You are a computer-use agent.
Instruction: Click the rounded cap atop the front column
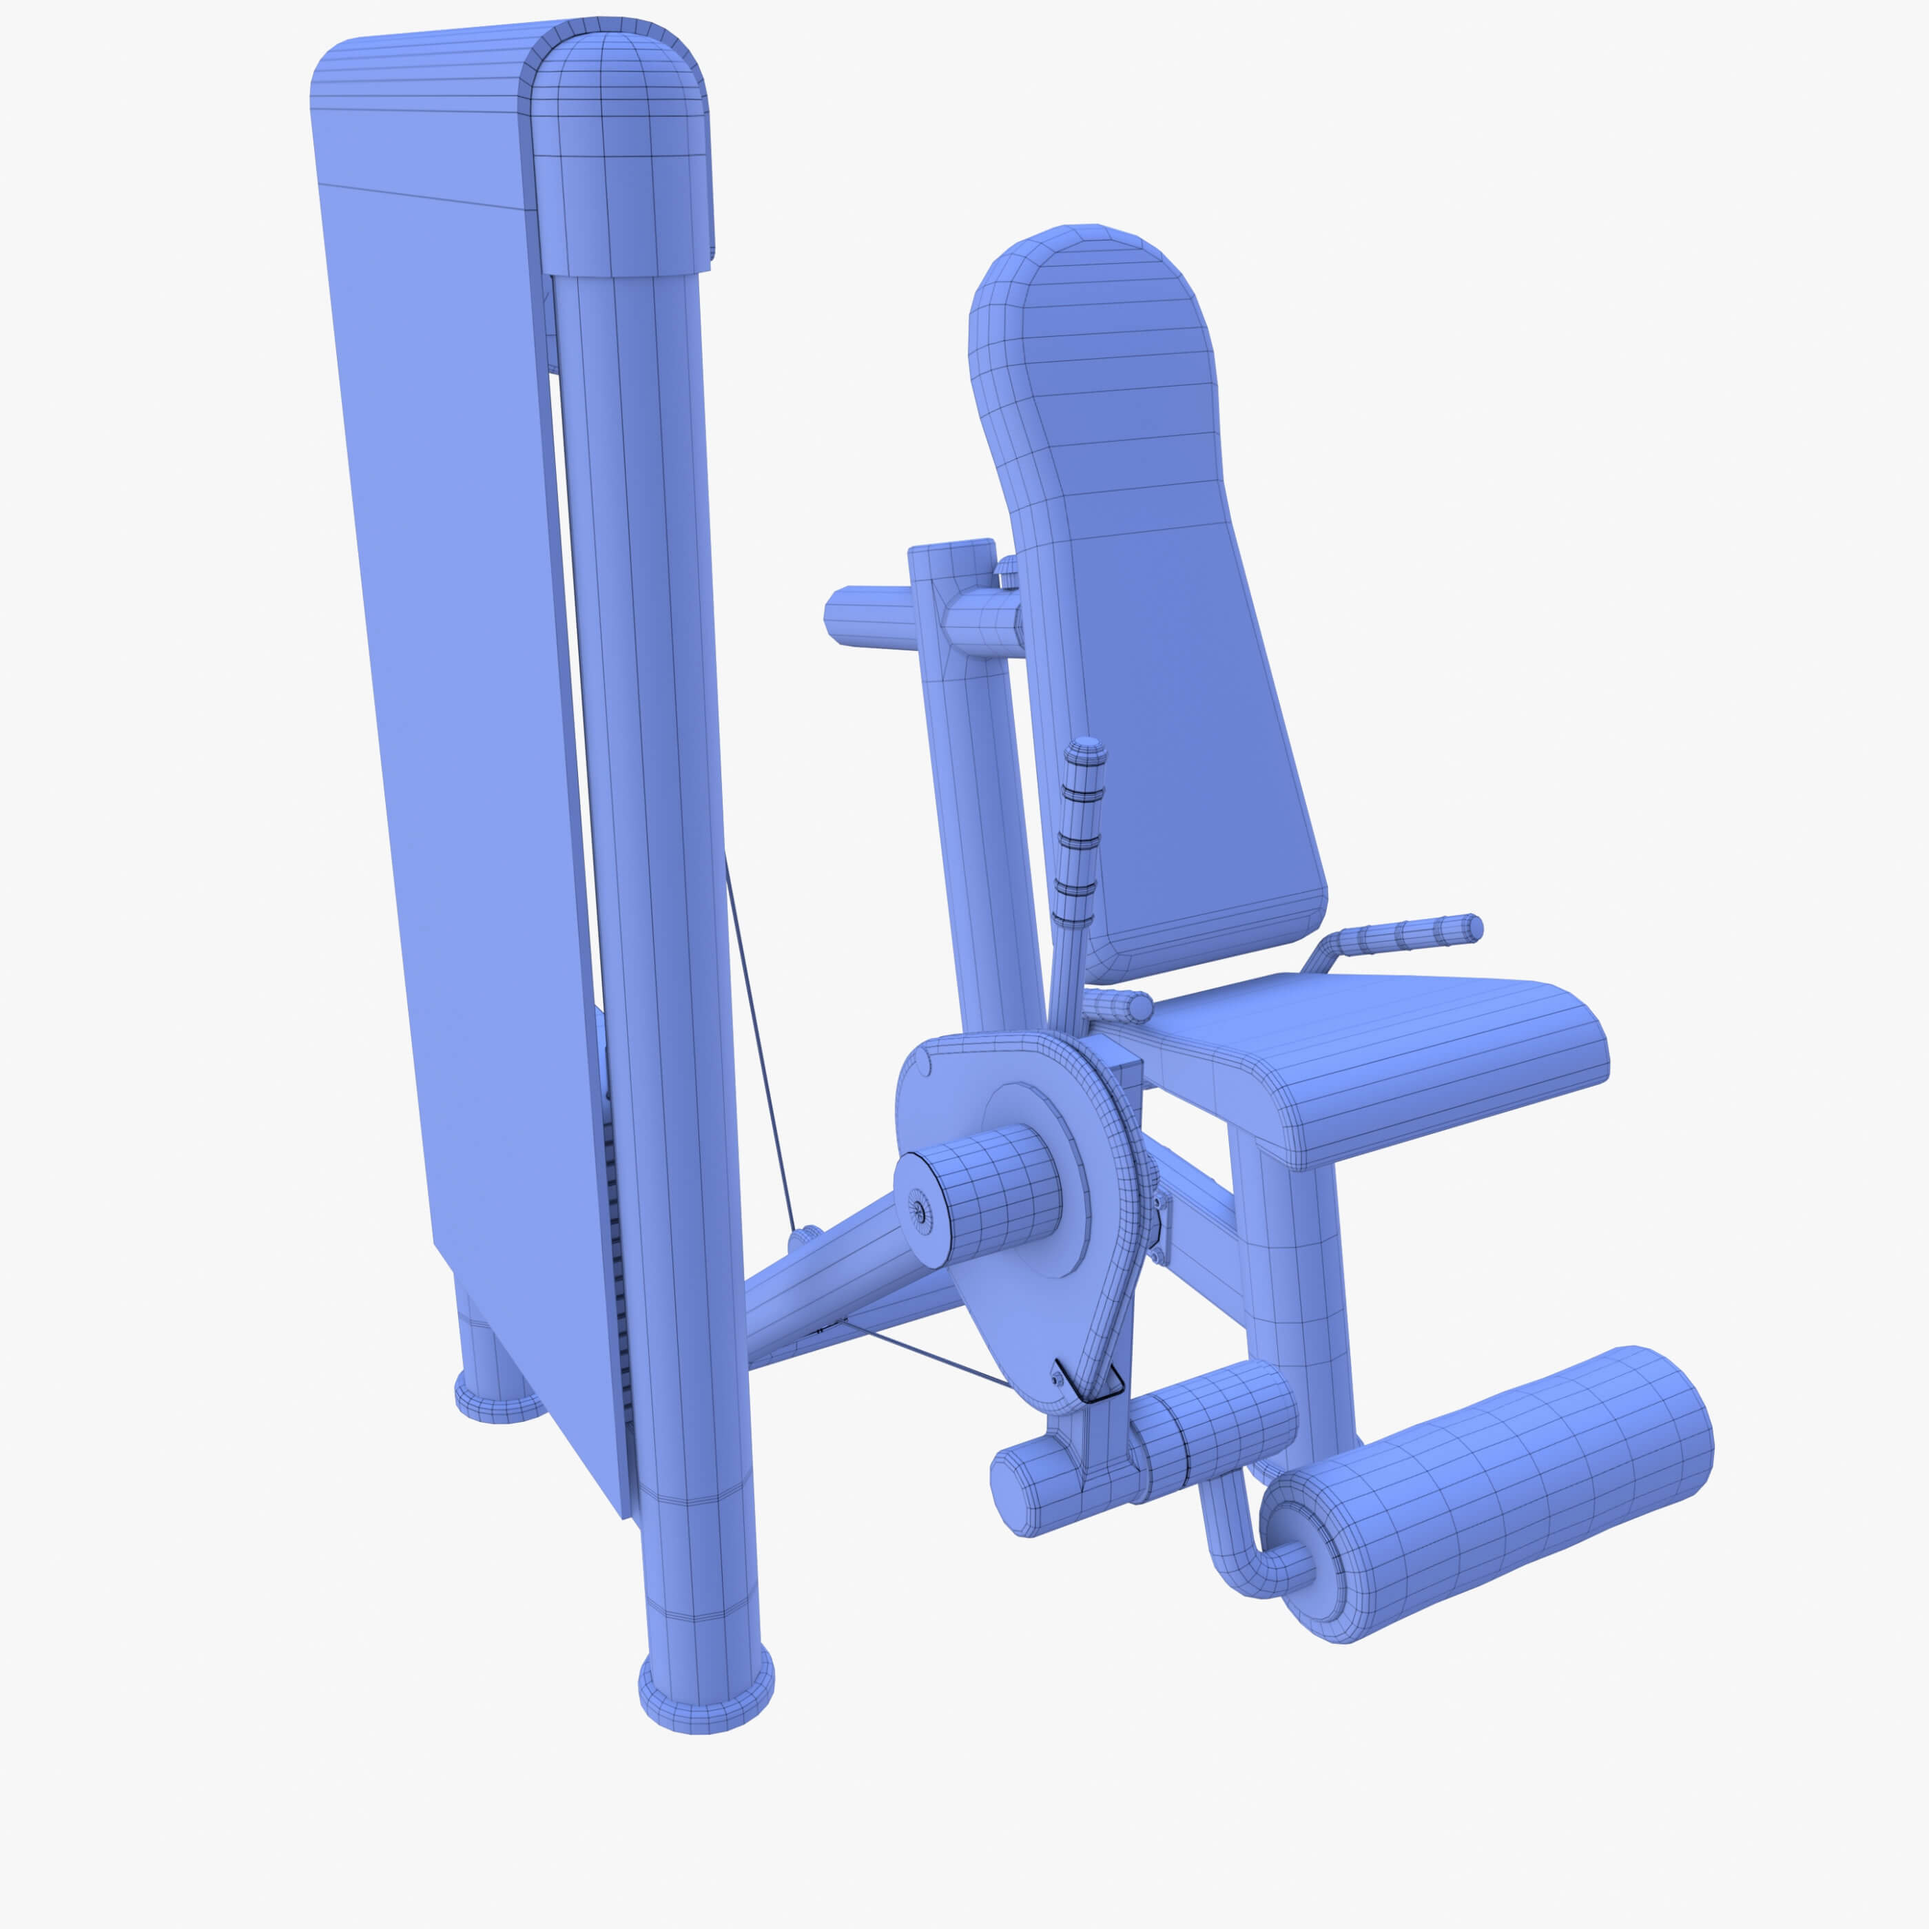pos(619,149)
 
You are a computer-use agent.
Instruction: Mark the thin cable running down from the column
pos(759,1049)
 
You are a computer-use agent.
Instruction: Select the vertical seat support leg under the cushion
pos(1288,1288)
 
